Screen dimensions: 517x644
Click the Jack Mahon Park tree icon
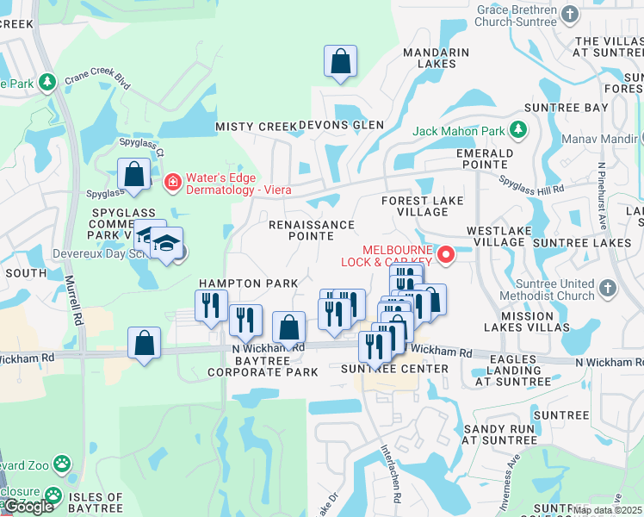[517, 130]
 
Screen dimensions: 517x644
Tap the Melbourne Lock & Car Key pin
[446, 254]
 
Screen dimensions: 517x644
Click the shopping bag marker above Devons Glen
[341, 62]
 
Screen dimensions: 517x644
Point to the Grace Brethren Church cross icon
[569, 14]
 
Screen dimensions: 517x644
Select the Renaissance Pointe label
[311, 230]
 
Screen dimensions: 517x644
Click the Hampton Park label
[249, 283]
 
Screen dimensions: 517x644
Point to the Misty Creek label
[256, 127]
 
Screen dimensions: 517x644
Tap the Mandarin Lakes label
[436, 58]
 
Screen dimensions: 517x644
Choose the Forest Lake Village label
[423, 206]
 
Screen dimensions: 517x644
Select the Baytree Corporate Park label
[263, 365]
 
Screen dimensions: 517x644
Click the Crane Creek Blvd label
[102, 80]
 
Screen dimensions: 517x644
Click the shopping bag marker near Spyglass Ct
[134, 174]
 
